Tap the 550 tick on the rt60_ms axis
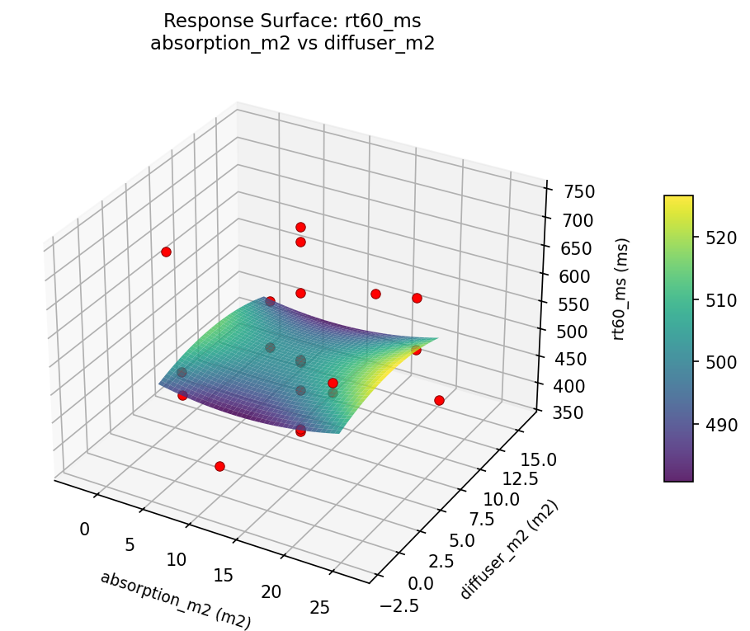[573, 304]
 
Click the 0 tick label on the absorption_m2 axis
[84, 529]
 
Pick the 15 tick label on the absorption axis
[224, 576]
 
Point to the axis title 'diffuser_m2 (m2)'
[510, 550]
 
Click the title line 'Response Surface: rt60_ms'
[292, 21]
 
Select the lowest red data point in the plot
[219, 467]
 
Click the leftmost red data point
[166, 252]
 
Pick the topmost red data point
[300, 227]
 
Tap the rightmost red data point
[439, 400]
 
